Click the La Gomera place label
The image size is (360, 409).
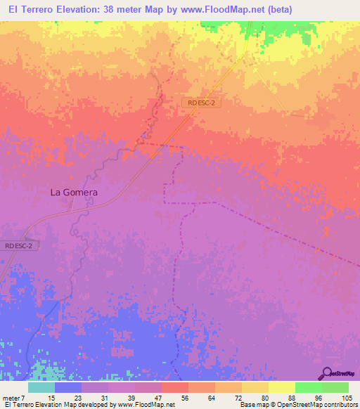coord(73,191)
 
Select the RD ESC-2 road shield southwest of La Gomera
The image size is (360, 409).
coord(18,245)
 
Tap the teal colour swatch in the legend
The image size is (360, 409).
coord(41,388)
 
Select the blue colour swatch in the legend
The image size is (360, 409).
coord(67,388)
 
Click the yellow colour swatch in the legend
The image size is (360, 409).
coord(281,388)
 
